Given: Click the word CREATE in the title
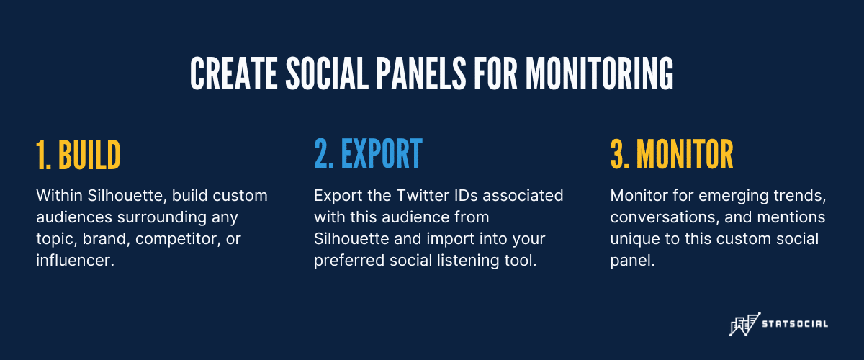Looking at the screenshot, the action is point(234,73).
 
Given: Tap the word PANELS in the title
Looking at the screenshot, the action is point(421,73).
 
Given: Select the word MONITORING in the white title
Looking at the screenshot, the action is point(599,73).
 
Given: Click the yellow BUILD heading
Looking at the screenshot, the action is point(89,155).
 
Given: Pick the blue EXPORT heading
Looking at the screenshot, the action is point(382,153).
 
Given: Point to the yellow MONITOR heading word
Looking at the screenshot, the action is point(685,154).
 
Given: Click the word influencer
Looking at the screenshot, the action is point(75,261).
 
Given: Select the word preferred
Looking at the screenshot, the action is point(349,261).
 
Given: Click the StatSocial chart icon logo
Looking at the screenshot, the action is point(744,324).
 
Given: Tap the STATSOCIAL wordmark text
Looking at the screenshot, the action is point(795,324).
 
